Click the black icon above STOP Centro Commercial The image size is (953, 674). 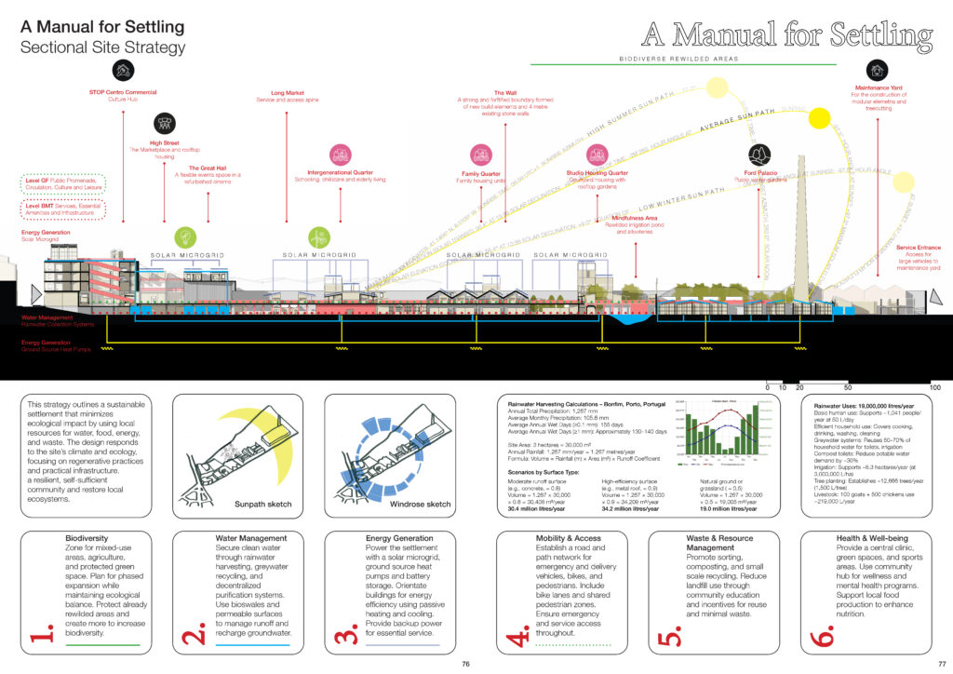(122, 71)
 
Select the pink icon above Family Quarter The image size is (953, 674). (480, 154)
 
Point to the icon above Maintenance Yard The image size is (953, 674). (876, 71)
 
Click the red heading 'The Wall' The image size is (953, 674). (505, 93)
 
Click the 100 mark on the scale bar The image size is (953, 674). (934, 386)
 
